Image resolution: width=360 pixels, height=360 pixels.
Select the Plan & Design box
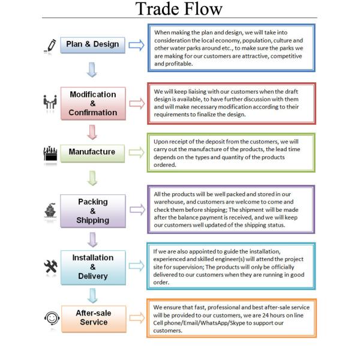(93, 44)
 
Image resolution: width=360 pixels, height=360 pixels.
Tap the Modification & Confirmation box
(93, 103)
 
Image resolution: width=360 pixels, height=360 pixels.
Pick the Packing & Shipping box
(93, 211)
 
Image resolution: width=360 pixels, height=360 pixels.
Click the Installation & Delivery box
(93, 267)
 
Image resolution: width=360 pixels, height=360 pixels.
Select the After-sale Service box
(93, 317)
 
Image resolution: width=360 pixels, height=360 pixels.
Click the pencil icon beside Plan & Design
(50, 45)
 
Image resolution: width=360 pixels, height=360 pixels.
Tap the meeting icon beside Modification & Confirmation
(50, 103)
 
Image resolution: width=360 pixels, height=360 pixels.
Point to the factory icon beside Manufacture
(50, 152)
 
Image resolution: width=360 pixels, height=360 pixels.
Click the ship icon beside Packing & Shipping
(50, 211)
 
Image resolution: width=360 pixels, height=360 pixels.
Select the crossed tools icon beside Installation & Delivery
(50, 266)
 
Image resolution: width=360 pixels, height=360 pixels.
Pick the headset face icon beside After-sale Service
(50, 317)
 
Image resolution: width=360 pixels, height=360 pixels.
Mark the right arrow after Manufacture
(137, 152)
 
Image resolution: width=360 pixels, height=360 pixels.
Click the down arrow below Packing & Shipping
(92, 239)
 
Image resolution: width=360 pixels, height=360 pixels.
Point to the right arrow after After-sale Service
(137, 318)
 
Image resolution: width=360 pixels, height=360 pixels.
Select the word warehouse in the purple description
(173, 203)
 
